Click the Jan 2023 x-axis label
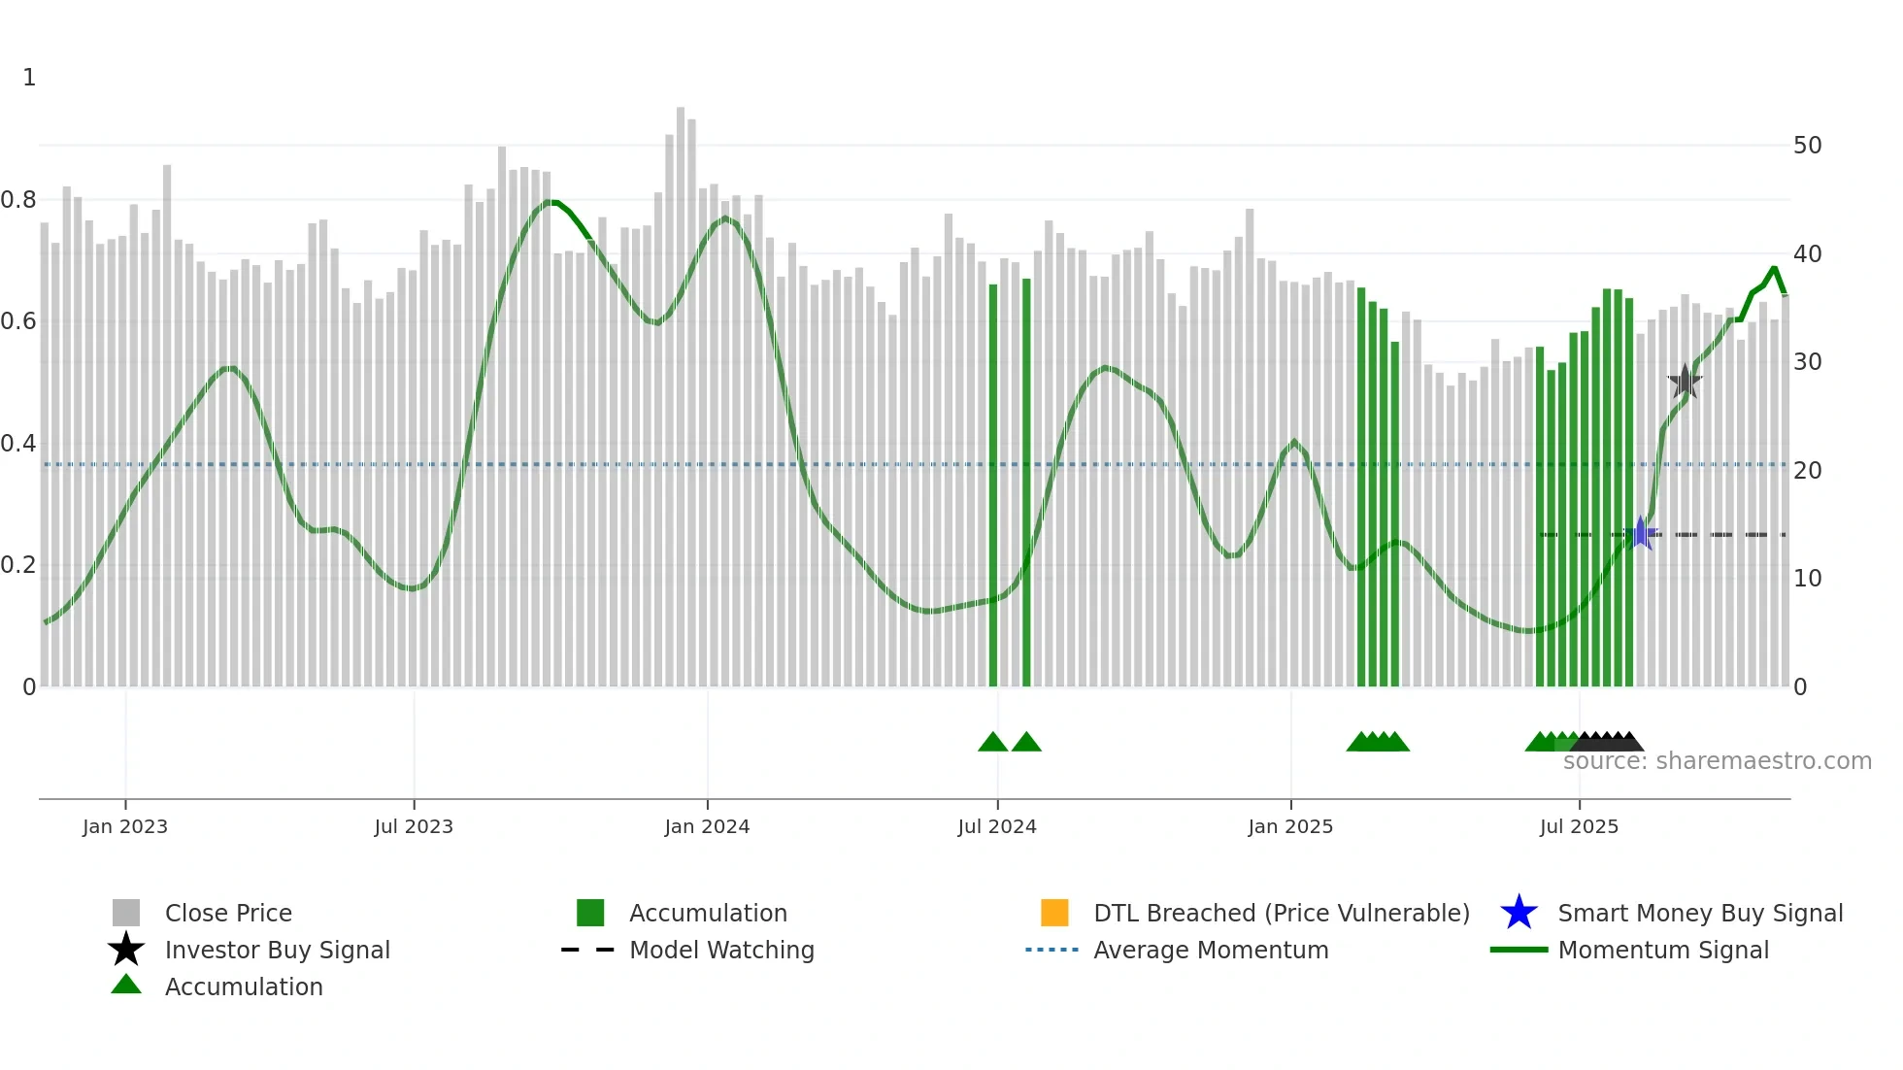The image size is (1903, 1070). coord(125,826)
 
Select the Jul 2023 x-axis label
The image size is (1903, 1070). coord(414,826)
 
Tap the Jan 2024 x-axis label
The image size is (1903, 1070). coord(707,826)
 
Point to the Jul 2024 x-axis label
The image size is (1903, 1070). coord(997,826)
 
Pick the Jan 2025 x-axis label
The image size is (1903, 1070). coord(1290,826)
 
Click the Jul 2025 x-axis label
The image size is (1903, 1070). coord(1579,826)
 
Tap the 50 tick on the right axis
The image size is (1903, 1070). coord(1807,146)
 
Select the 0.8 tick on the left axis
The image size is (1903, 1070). coord(18,200)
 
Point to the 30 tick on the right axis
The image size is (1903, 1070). coord(1807,362)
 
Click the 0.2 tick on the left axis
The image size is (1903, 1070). coord(18,565)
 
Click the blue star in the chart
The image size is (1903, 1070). coord(1641,533)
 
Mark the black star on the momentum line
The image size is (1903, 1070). coord(1685,381)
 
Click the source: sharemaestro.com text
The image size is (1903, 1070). coord(1717,761)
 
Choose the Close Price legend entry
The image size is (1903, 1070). coord(228,913)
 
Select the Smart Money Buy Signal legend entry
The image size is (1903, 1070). coord(1700,913)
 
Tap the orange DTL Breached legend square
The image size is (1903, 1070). coord(1054,913)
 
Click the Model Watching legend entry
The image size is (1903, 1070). coord(721,950)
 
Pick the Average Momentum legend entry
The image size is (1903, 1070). coord(1211,950)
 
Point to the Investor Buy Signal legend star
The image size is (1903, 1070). coord(126,950)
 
